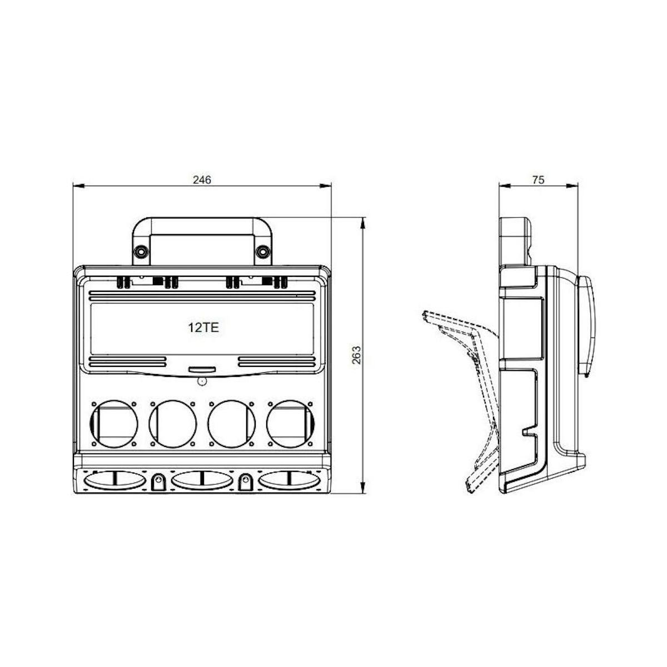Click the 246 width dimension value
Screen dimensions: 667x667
[202, 180]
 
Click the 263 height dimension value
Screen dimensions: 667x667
[356, 355]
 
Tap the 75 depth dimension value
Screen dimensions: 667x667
[538, 180]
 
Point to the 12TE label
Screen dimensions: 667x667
[203, 327]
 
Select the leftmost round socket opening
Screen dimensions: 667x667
[114, 424]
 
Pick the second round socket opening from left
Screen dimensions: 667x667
[173, 424]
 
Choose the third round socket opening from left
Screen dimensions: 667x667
[232, 424]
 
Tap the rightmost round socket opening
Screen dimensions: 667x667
[290, 424]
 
